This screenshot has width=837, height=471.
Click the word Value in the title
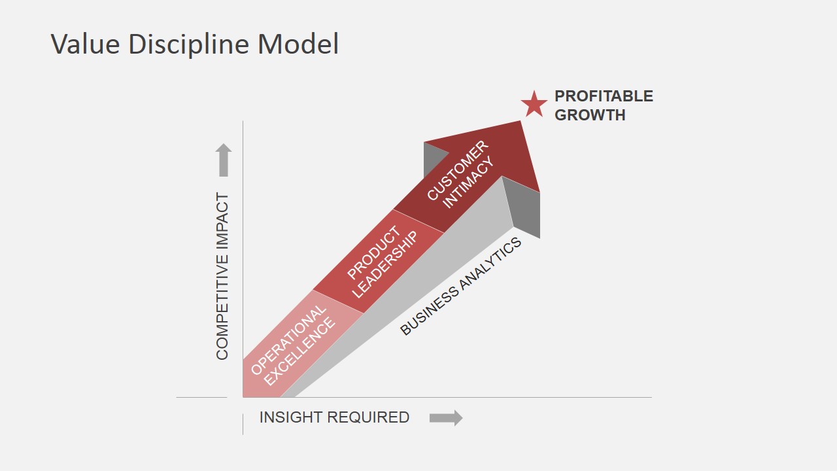85,44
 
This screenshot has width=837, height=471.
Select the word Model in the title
298,44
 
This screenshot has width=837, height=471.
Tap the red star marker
534,104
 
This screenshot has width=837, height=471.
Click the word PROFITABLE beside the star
604,96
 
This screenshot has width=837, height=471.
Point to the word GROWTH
590,114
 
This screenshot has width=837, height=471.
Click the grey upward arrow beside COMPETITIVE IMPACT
224,160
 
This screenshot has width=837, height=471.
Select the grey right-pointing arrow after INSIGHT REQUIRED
446,417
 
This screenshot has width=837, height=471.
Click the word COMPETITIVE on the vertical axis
222,302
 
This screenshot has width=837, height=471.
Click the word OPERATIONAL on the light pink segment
288,340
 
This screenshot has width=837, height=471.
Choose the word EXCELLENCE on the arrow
299,351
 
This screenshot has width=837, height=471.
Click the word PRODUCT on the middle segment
373,253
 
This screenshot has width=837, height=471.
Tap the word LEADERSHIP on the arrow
385,265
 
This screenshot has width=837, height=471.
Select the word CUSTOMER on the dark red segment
458,170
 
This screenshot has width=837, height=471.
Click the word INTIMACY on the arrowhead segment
468,182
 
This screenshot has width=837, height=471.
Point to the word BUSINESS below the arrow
429,311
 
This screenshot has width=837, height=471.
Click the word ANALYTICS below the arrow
490,264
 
